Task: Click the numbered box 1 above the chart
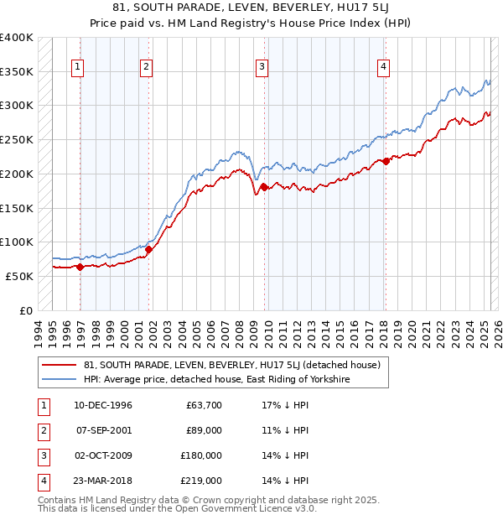(77, 68)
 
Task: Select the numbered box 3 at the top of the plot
(262, 68)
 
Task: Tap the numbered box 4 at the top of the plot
(383, 68)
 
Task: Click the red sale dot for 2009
(263, 187)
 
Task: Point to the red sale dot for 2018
(386, 161)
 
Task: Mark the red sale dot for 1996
(80, 267)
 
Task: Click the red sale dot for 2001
(148, 249)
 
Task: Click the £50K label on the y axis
(19, 276)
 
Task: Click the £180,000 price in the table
(201, 455)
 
